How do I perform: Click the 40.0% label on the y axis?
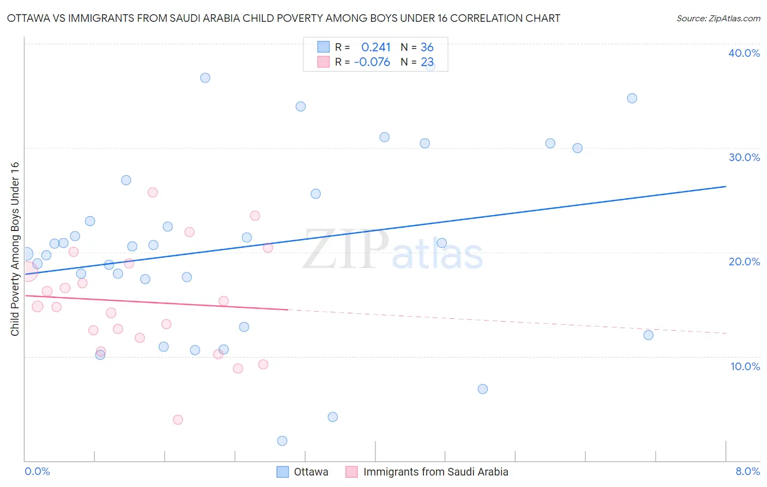(744, 53)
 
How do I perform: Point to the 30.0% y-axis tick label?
(744, 157)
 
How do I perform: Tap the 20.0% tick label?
(744, 262)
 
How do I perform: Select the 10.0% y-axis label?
(745, 366)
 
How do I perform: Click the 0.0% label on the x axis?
(37, 471)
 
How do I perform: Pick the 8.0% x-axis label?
(747, 471)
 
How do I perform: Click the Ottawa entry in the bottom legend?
(310, 472)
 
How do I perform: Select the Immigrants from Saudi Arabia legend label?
(435, 472)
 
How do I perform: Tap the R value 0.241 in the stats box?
(376, 47)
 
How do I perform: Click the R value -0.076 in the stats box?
(372, 62)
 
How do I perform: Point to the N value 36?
(427, 47)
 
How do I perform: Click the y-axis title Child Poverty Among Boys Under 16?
(15, 249)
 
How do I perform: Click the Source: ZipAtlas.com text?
(718, 19)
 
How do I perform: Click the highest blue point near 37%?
(205, 78)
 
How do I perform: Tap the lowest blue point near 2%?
(282, 441)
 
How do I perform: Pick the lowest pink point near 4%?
(178, 420)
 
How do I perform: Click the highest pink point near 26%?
(153, 192)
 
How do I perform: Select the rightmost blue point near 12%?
(648, 335)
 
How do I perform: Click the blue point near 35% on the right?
(632, 98)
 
